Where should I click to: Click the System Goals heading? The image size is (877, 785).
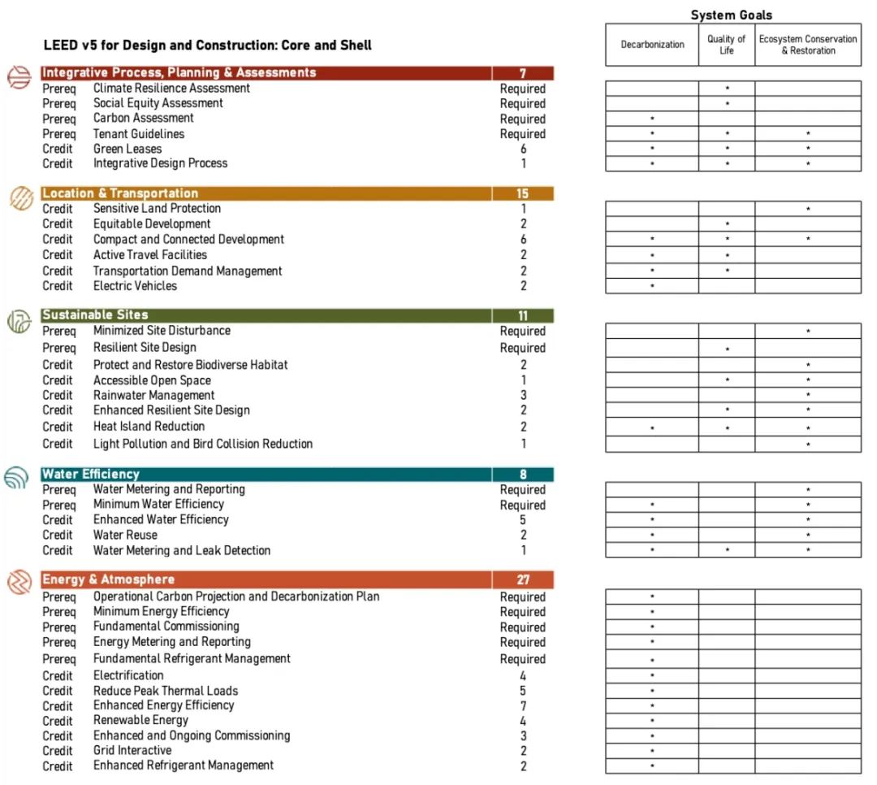[x=731, y=15]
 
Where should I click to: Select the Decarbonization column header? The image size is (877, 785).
[x=652, y=45]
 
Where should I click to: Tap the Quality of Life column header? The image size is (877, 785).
[x=726, y=45]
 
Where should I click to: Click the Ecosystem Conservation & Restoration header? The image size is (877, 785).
[x=807, y=45]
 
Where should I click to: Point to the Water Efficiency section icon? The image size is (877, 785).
[x=17, y=479]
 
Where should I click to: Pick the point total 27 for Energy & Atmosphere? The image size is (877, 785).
[x=522, y=580]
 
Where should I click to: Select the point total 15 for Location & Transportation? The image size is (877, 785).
[x=522, y=193]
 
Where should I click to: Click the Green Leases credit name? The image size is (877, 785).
[x=127, y=149]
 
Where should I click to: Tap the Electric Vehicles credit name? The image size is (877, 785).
[x=135, y=286]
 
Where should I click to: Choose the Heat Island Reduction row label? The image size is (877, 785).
[x=149, y=427]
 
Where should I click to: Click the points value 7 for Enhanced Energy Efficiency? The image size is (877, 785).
[x=523, y=705]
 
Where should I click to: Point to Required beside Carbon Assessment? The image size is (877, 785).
[x=522, y=119]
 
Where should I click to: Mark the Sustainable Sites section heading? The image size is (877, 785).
[x=95, y=315]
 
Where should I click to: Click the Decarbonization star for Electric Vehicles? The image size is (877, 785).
[x=652, y=287]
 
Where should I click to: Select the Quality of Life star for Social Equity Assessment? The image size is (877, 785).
[x=727, y=104]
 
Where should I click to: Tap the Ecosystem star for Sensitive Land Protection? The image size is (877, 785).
[x=808, y=210]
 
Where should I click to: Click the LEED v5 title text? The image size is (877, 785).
[x=208, y=46]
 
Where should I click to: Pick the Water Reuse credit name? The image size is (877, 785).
[x=125, y=535]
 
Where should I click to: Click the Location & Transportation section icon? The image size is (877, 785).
[x=19, y=197]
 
